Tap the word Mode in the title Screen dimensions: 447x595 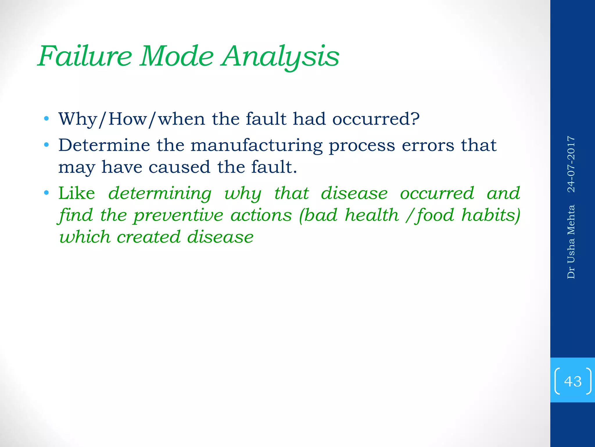177,56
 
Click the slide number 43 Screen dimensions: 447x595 573,381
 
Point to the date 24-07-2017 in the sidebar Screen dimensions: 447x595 571,164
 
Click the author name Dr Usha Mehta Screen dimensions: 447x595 571,242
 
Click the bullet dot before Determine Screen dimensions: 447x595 46,145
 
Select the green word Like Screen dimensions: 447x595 77,193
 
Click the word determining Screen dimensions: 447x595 160,194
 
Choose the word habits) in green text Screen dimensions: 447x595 491,215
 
